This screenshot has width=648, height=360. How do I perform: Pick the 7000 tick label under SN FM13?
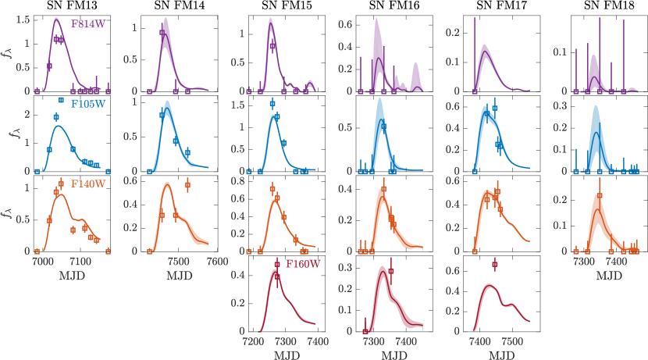(43, 262)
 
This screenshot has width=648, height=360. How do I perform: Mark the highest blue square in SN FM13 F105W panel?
(61, 100)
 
